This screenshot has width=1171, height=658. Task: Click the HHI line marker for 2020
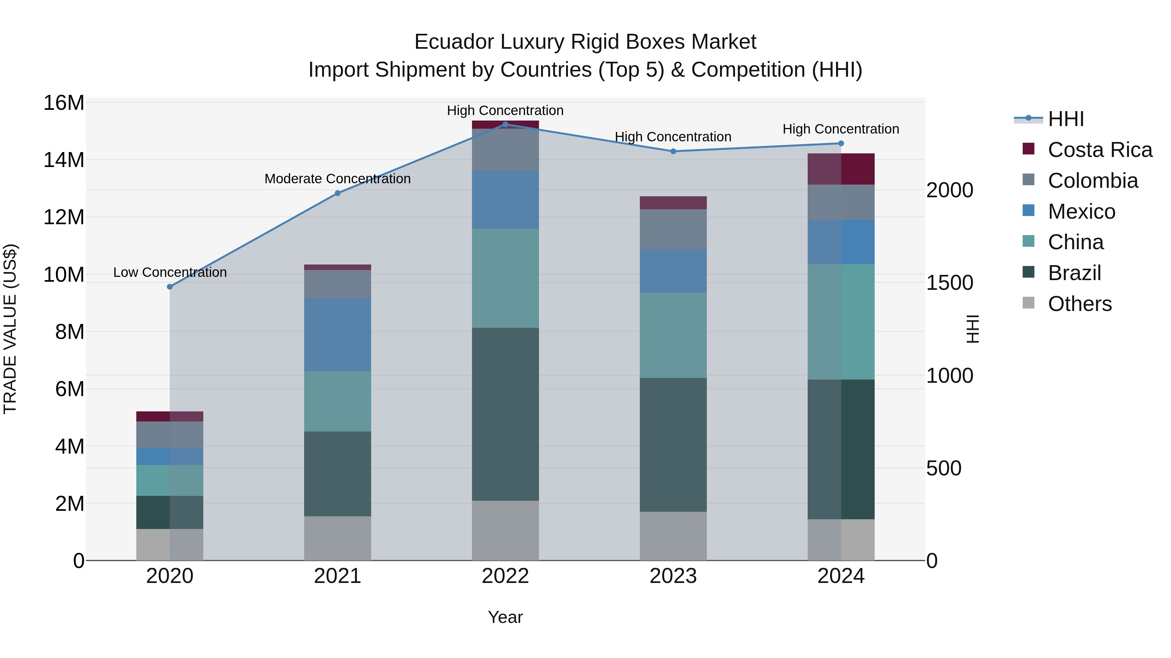pos(170,287)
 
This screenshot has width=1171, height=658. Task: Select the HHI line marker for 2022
pos(505,124)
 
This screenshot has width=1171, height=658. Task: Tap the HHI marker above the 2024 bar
pos(841,144)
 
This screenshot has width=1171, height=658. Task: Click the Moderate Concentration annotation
pos(337,179)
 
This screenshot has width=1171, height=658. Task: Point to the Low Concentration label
pos(170,273)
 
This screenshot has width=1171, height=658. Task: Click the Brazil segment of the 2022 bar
pos(505,414)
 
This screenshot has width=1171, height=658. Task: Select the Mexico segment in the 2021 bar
pos(337,335)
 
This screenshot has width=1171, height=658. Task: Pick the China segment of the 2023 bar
pos(673,335)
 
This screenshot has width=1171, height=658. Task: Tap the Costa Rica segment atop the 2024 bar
pos(841,169)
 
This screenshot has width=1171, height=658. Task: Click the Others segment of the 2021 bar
pos(337,538)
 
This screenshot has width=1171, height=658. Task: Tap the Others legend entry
pos(1079,304)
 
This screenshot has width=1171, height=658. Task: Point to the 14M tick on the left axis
pos(64,160)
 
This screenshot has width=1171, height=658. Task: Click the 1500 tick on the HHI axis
pos(949,283)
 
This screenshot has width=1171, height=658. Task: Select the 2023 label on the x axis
pos(673,576)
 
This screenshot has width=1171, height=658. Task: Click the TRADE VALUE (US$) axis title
pos(10,329)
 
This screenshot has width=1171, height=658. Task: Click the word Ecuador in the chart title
pos(455,42)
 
